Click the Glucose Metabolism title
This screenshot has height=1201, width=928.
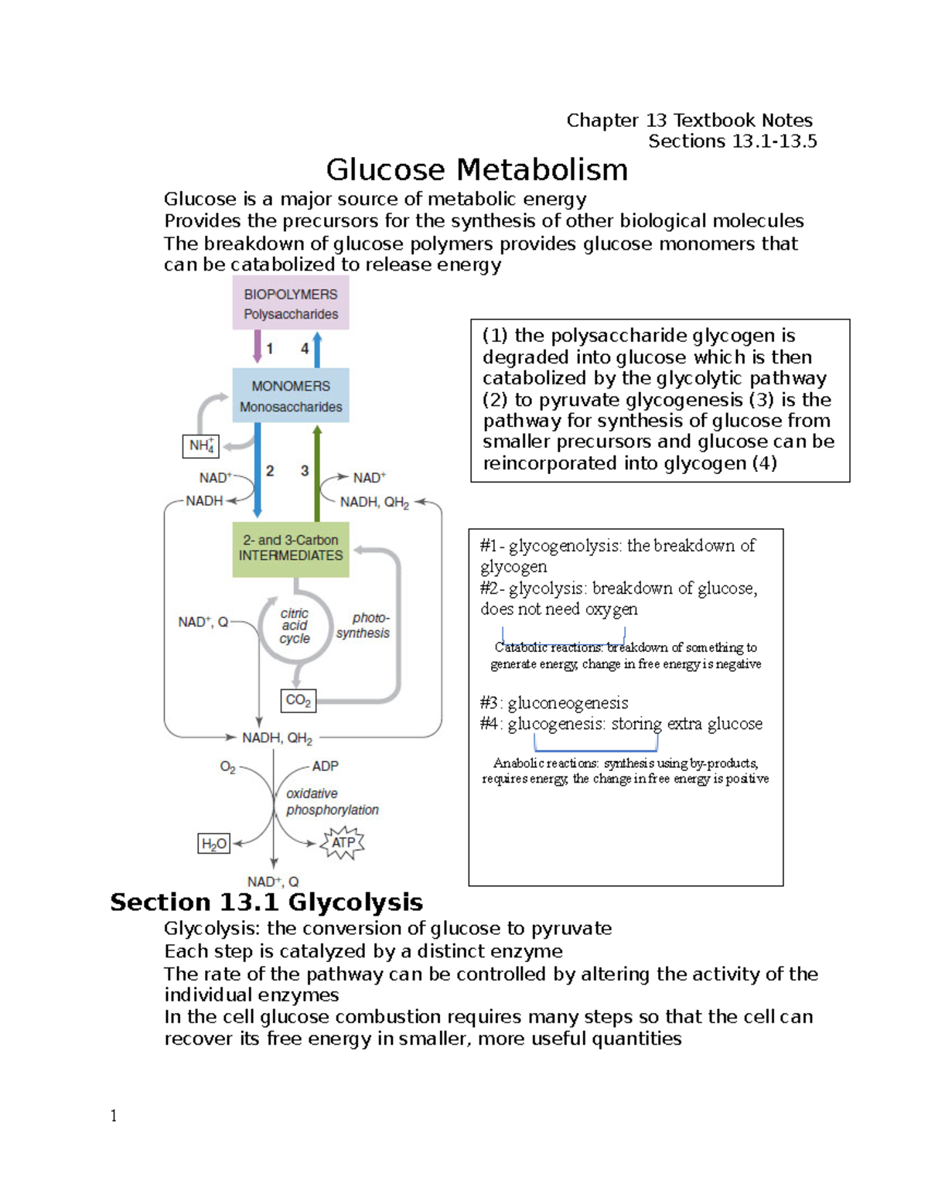tap(476, 170)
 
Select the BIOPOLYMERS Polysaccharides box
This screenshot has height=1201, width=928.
tap(291, 304)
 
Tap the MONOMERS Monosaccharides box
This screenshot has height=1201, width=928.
tap(291, 396)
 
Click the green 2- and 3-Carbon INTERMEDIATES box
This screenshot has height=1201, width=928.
tap(291, 548)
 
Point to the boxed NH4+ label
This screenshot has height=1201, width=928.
tap(201, 446)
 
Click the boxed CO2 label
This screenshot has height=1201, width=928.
tap(298, 701)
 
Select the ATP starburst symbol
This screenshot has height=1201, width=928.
tap(343, 842)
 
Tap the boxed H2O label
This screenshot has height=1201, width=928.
tap(214, 844)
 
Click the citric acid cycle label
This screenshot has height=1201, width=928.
tap(295, 626)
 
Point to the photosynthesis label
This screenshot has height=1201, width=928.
tap(363, 626)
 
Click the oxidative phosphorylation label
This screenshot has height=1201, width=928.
tap(332, 802)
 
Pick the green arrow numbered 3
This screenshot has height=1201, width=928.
tap(317, 473)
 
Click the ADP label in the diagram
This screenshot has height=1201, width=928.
tap(325, 766)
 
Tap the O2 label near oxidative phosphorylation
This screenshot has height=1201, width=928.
tap(227, 767)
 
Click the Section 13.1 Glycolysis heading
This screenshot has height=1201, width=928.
tap(266, 902)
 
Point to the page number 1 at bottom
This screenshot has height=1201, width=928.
tap(114, 1115)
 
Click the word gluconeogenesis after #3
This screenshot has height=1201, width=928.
tap(568, 703)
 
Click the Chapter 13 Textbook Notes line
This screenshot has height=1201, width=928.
tap(689, 121)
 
